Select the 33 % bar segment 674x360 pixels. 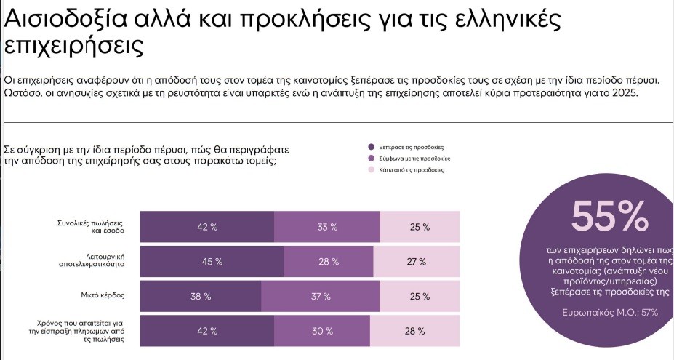point(327,227)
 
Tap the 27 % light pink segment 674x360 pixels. point(417,262)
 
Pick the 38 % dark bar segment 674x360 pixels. point(201,297)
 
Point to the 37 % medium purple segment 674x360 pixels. point(321,297)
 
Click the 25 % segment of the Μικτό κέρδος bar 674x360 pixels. point(420,297)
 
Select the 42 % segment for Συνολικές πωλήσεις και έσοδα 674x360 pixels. point(207,227)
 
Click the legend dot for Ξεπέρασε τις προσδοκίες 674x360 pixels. point(372,146)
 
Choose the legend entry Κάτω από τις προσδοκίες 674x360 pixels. point(412,169)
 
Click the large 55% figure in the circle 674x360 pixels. point(609,215)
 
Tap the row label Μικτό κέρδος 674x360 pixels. point(103,297)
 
